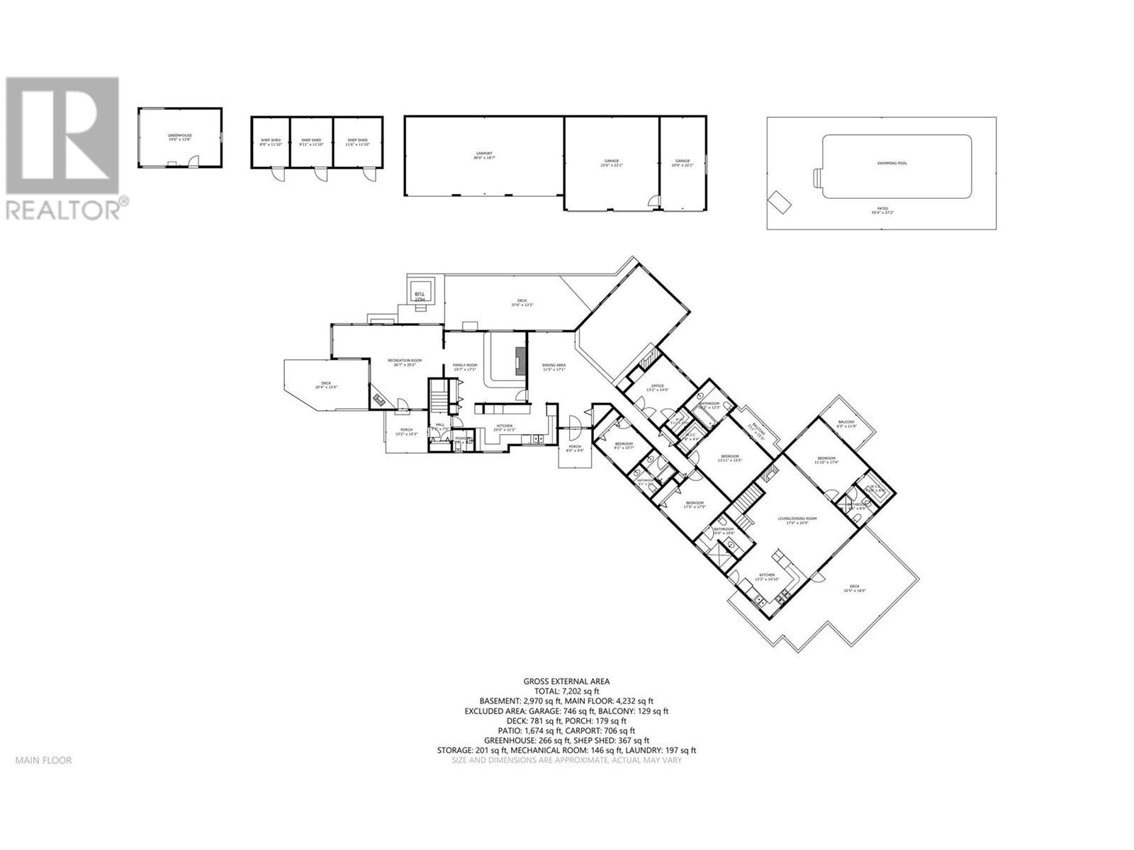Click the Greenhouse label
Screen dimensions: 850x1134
(x=180, y=137)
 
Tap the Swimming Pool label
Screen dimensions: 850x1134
(x=892, y=164)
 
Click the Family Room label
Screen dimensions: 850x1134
(x=465, y=367)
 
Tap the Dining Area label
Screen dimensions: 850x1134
(x=554, y=367)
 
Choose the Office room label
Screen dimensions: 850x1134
(x=657, y=387)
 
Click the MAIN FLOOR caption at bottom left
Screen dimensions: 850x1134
(x=43, y=760)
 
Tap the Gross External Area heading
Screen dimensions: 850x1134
(x=566, y=681)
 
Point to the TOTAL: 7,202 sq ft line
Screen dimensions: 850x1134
(x=566, y=691)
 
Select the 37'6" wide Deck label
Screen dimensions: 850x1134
(x=522, y=302)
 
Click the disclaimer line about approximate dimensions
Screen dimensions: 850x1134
(x=566, y=760)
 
